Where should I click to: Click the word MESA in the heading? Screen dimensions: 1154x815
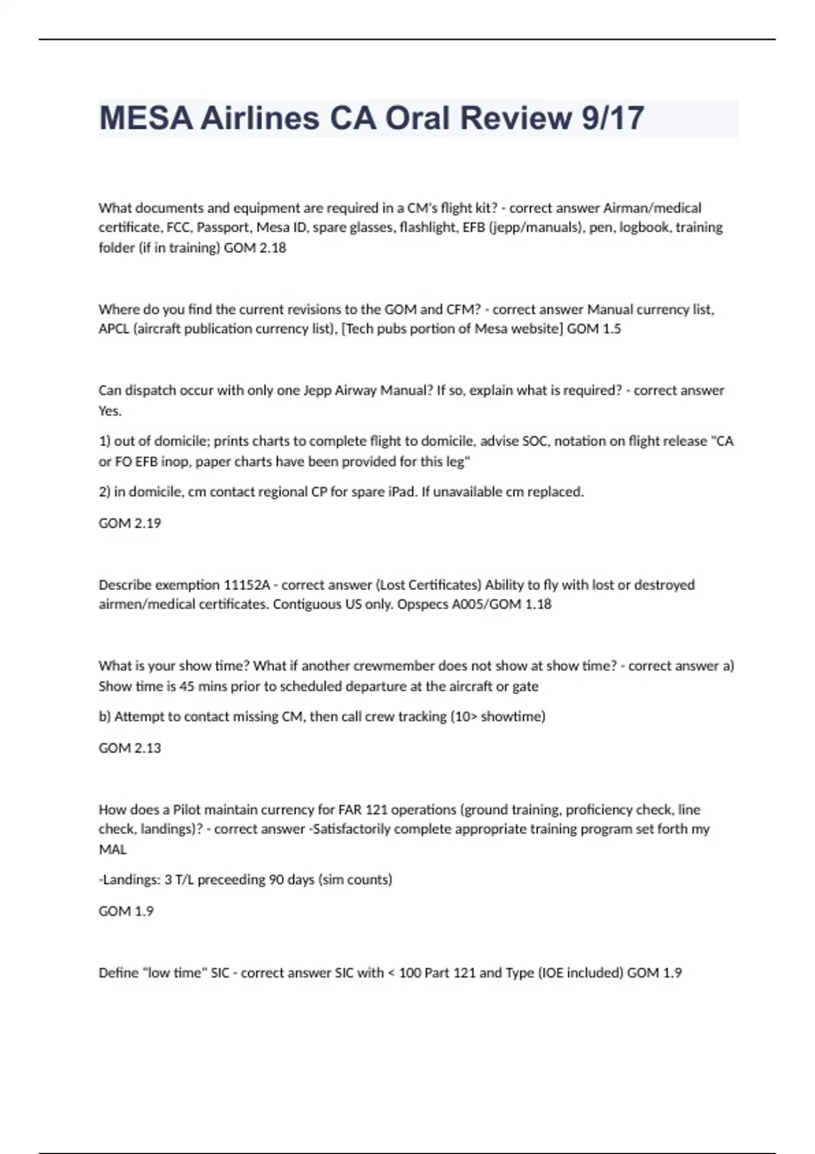pyautogui.click(x=141, y=118)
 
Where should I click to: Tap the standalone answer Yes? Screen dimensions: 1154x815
pyautogui.click(x=110, y=411)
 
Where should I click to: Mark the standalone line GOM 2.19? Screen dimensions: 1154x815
pyautogui.click(x=130, y=523)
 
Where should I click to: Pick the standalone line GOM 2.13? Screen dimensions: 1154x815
pyautogui.click(x=130, y=748)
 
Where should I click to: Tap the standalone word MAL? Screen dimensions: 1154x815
pyautogui.click(x=113, y=849)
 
